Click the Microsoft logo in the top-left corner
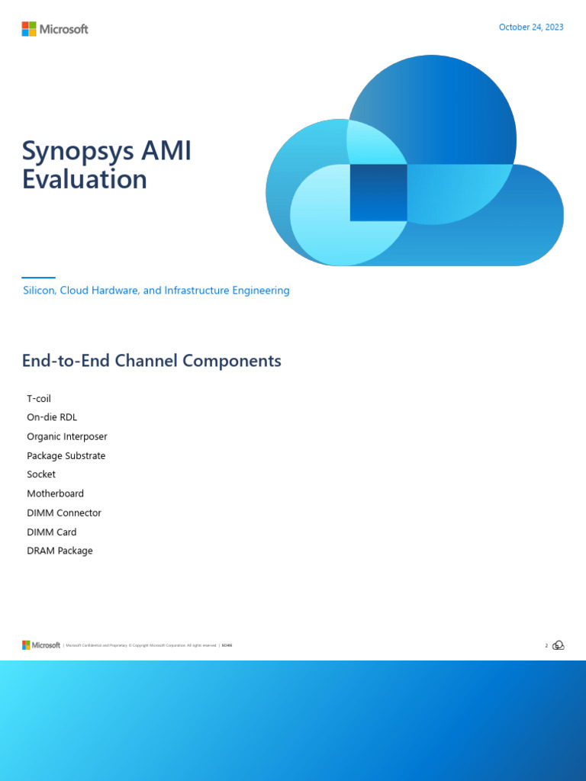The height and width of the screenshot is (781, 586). click(55, 29)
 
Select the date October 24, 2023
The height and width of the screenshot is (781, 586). click(531, 27)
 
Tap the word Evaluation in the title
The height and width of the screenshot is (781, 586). click(84, 179)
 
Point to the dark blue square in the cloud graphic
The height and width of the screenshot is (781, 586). click(378, 192)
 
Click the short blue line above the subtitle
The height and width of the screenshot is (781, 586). click(38, 278)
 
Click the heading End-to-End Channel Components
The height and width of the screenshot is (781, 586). click(151, 361)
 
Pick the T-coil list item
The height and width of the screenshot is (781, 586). click(39, 399)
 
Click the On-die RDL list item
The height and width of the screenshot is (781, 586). click(52, 417)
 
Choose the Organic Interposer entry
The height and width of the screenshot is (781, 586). click(67, 436)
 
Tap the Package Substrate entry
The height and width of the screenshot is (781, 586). click(66, 455)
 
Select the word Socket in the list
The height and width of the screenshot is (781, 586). click(41, 474)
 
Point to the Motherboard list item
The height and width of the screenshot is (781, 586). click(55, 493)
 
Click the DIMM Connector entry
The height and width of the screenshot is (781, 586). click(64, 513)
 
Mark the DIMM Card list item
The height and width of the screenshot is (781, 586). click(52, 532)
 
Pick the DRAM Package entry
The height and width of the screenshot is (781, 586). click(60, 551)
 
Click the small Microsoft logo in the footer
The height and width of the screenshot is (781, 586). click(41, 645)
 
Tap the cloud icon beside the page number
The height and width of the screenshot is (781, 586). click(559, 645)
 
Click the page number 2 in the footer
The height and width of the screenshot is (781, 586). click(546, 646)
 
